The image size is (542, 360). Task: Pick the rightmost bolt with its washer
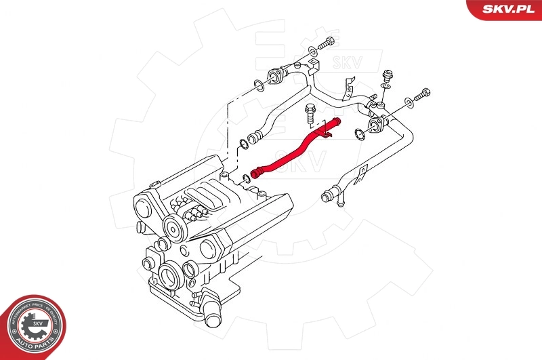[422, 96]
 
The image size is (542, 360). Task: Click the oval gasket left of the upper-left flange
[258, 85]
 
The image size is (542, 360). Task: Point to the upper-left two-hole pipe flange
[277, 75]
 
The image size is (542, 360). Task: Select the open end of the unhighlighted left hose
[253, 140]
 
